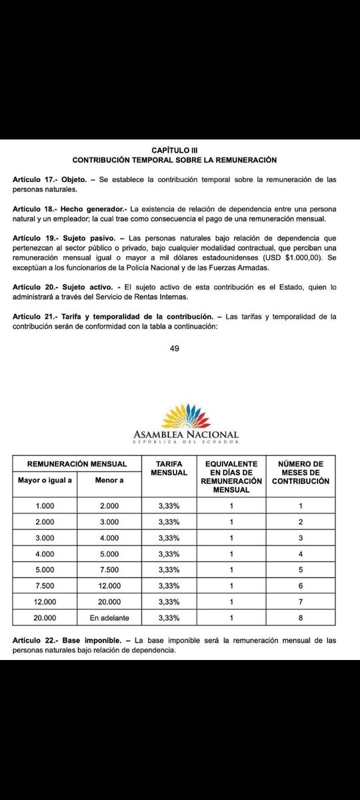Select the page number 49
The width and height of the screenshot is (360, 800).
point(174,347)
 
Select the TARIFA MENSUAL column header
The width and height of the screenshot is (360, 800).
point(169,469)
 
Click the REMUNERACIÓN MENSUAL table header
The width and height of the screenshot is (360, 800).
point(77,464)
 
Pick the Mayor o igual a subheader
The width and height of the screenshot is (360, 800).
point(45,479)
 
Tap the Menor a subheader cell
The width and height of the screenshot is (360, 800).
point(109,479)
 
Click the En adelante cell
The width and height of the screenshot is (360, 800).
point(109,617)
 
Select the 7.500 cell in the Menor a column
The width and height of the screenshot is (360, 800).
point(109,569)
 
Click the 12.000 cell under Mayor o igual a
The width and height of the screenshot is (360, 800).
point(45,601)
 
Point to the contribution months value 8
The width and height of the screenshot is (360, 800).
point(301,617)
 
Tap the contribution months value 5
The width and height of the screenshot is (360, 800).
point(301,569)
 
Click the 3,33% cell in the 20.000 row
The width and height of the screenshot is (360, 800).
point(169,617)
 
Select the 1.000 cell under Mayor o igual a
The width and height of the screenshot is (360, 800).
point(45,505)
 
